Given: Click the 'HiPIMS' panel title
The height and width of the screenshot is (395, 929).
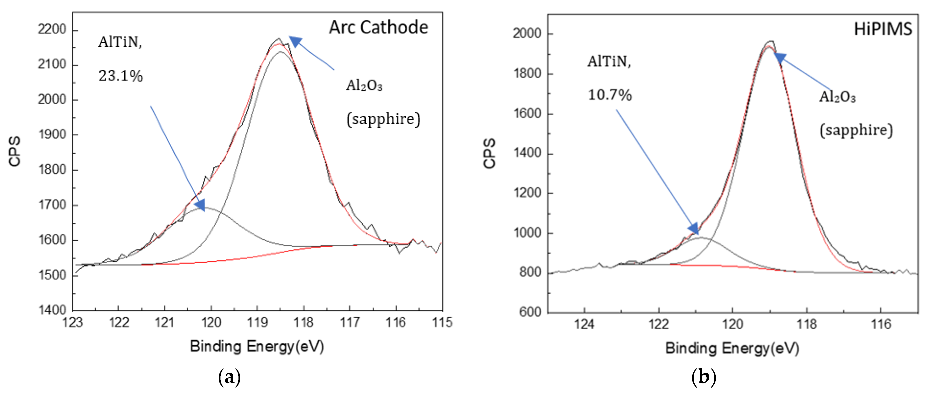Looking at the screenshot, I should tap(883, 29).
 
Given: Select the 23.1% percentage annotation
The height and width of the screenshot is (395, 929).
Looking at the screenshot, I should tap(120, 76).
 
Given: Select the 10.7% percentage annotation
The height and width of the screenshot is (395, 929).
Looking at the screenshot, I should tap(610, 95).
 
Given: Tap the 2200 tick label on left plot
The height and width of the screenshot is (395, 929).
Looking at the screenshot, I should tap(52, 29).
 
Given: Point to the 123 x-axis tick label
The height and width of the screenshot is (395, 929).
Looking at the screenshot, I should tap(73, 322).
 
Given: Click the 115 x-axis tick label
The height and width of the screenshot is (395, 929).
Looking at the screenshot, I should tap(442, 322).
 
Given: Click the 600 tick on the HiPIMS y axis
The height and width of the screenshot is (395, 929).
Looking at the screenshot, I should tap(530, 312).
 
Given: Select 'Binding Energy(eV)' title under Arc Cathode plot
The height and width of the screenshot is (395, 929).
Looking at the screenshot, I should tap(257, 346).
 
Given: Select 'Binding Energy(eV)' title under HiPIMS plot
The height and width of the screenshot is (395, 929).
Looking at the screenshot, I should tap(732, 348).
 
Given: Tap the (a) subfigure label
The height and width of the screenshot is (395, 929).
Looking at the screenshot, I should tap(229, 377).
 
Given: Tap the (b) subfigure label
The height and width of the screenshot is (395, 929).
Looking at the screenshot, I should tap(704, 377).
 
